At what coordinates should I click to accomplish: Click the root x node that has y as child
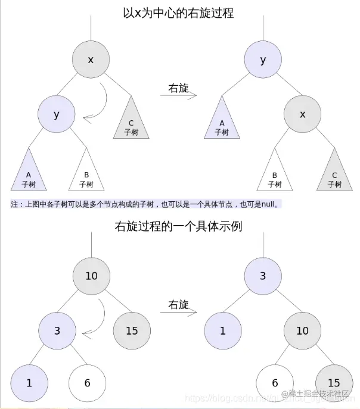point(91,60)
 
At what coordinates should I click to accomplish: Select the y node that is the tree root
point(263,60)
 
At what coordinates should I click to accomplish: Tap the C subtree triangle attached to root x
point(131,119)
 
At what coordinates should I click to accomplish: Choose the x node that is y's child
point(302,114)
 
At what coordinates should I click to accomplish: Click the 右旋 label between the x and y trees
point(178,88)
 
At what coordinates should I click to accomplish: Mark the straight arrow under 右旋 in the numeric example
point(179,312)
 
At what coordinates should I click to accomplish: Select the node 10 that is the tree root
point(91,276)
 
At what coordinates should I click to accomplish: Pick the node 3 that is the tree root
point(263,276)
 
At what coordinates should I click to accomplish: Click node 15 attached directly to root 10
point(131,330)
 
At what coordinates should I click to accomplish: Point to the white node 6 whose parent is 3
point(87,383)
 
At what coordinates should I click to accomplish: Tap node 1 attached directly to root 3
point(222,330)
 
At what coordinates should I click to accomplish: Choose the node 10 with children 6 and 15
point(302,330)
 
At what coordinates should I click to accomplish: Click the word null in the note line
point(269,204)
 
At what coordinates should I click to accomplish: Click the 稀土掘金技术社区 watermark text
point(319,394)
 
